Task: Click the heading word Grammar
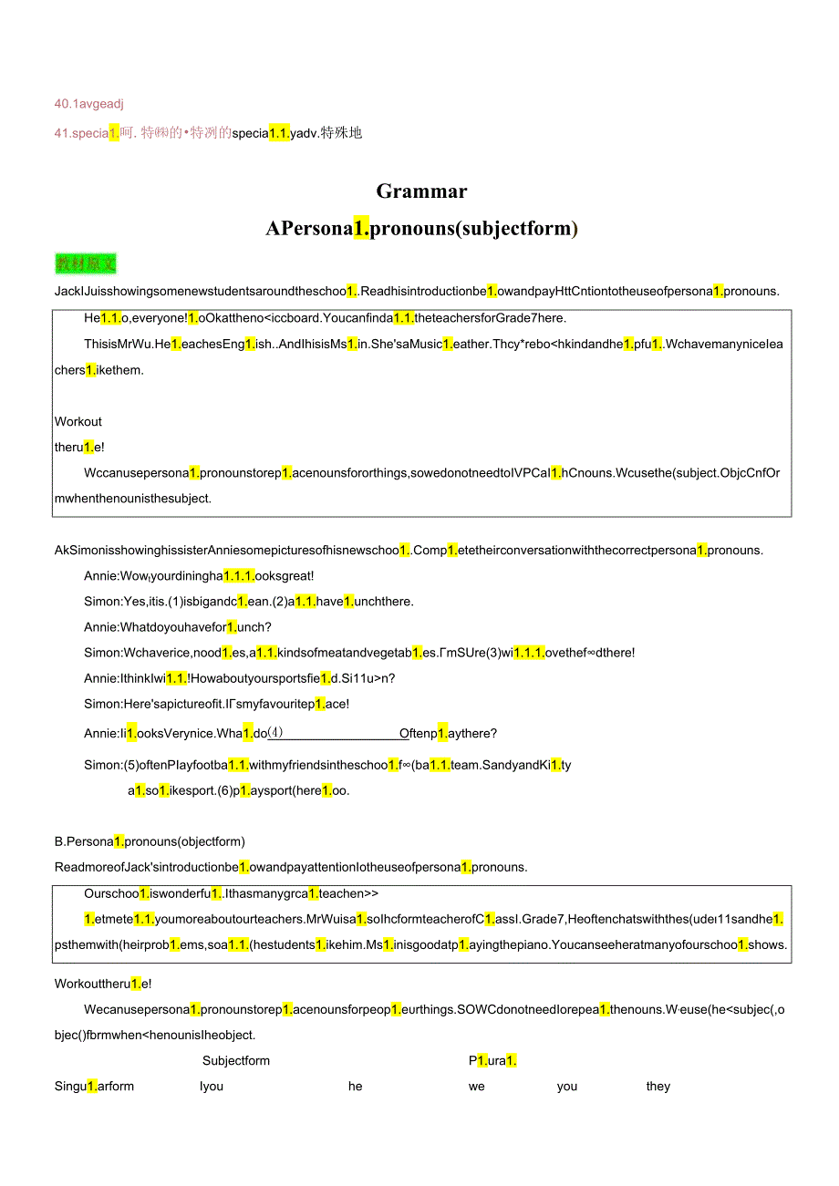pyautogui.click(x=421, y=191)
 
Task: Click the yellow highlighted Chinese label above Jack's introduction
pyautogui.click(x=86, y=264)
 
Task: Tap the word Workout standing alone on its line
pyautogui.click(x=78, y=421)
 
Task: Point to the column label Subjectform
pyautogui.click(x=236, y=1060)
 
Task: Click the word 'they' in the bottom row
pyautogui.click(x=658, y=1086)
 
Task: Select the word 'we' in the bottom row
pyautogui.click(x=477, y=1086)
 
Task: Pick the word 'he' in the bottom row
pyautogui.click(x=356, y=1086)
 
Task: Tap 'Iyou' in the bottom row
pyautogui.click(x=212, y=1086)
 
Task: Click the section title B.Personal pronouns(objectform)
pyautogui.click(x=150, y=841)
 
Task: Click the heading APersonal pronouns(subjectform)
pyautogui.click(x=421, y=229)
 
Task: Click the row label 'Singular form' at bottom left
pyautogui.click(x=94, y=1086)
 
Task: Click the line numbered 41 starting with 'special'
pyautogui.click(x=208, y=133)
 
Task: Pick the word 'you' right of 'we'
pyautogui.click(x=567, y=1086)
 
